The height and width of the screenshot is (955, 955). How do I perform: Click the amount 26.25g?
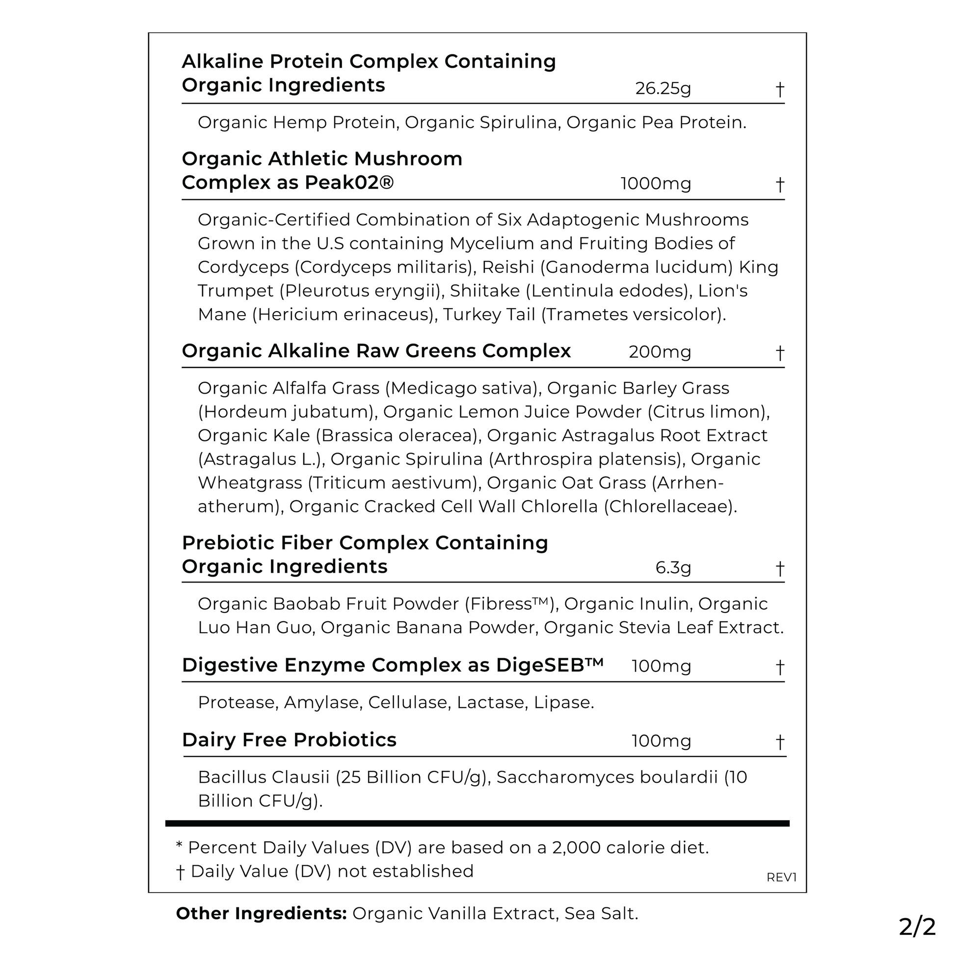663,88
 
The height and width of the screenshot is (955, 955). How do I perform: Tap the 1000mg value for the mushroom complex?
656,184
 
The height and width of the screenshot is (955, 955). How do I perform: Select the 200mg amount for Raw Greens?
660,352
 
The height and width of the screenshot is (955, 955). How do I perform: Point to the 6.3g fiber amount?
673,567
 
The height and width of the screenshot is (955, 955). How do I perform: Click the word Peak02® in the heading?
349,183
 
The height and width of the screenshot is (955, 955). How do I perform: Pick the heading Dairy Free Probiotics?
289,740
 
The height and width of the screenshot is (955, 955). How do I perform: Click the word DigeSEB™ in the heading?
550,665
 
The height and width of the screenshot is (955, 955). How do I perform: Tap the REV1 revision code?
781,877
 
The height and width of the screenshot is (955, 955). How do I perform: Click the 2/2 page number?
917,928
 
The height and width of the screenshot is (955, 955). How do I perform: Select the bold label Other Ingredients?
262,913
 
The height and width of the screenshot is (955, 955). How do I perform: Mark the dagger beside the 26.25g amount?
779,89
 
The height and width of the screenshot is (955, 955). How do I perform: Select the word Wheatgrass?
250,482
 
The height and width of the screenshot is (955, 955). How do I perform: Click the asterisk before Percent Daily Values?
179,846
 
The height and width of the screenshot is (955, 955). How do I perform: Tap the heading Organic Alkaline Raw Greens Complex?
376,351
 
